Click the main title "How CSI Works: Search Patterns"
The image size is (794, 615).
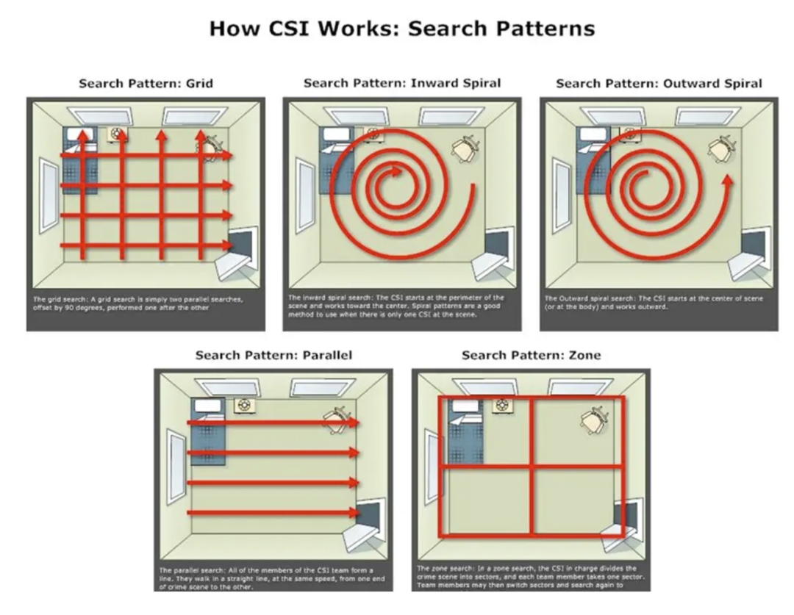(401, 29)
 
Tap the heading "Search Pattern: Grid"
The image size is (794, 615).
(146, 83)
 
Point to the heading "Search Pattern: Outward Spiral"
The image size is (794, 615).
(659, 83)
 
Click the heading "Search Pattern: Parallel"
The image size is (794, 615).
(273, 355)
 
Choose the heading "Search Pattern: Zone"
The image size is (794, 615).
(531, 355)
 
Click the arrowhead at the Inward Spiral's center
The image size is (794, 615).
(398, 172)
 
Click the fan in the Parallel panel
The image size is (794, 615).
(243, 405)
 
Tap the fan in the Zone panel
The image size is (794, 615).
(502, 405)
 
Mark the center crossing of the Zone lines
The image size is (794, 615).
(531, 467)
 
